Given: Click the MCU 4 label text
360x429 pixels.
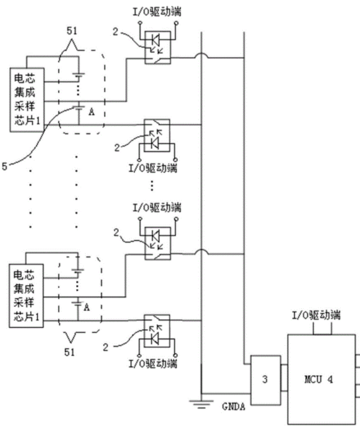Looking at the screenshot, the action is click(318, 380).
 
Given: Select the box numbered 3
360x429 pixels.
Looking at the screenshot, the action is click(265, 380).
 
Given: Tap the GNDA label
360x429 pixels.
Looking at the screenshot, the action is click(233, 407).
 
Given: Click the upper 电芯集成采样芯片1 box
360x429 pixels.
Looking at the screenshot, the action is click(27, 100).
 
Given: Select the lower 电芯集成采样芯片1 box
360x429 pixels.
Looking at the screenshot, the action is click(26, 296).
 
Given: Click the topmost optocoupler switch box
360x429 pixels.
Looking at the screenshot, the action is click(157, 47).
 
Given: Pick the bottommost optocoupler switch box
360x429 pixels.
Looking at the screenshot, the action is click(157, 331).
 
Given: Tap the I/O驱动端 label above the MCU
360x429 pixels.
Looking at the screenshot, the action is click(317, 315).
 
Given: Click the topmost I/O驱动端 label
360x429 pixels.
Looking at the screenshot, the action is click(157, 12).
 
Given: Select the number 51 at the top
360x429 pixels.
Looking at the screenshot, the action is click(72, 31).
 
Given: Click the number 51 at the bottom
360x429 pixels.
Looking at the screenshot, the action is click(70, 352).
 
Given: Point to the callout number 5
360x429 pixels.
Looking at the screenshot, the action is click(4, 166).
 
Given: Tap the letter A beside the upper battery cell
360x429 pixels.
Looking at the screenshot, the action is click(91, 112).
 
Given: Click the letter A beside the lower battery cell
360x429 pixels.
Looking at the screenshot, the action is click(87, 308).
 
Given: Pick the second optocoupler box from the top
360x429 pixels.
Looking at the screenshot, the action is click(157, 135).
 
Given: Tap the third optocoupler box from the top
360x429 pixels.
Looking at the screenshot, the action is click(157, 244).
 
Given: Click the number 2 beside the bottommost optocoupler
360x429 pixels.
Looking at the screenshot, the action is click(106, 347).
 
